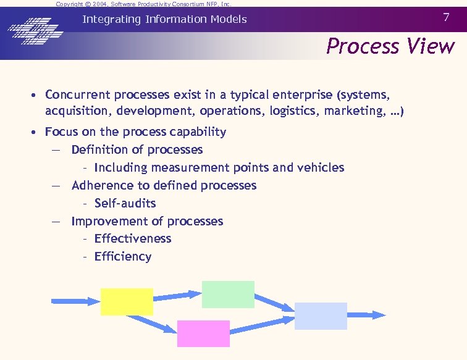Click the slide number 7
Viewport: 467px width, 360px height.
point(446,17)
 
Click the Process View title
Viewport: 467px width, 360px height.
point(390,46)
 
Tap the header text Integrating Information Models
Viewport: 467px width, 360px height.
point(164,19)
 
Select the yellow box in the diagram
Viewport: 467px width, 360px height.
point(127,302)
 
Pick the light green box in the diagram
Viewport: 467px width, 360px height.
point(228,295)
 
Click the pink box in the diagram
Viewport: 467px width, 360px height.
point(203,333)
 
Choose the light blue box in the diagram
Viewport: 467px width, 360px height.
point(321,316)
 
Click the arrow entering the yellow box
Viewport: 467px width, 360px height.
point(75,301)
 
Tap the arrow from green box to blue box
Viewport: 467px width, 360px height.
point(275,302)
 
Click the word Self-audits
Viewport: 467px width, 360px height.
point(125,203)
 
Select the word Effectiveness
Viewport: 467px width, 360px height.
point(133,238)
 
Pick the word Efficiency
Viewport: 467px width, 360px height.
point(123,256)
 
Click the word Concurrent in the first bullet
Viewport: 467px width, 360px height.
point(77,95)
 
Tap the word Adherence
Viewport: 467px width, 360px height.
point(99,185)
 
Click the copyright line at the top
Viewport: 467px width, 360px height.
point(143,4)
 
